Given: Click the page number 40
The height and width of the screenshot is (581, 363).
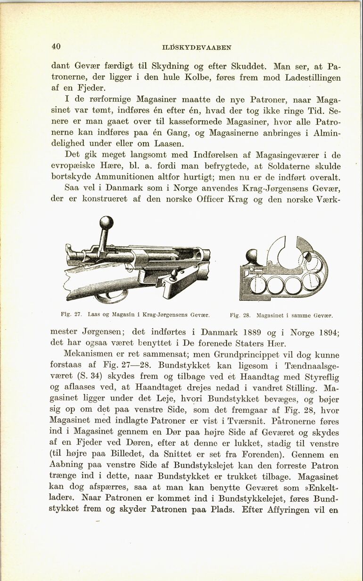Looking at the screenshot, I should (x=56, y=46).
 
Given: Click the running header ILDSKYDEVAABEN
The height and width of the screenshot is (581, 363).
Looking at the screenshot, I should (x=197, y=47).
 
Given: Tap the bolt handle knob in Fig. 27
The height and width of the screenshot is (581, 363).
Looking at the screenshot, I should (x=107, y=222).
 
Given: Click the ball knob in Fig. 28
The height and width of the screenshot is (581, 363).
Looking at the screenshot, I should (x=253, y=257).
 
